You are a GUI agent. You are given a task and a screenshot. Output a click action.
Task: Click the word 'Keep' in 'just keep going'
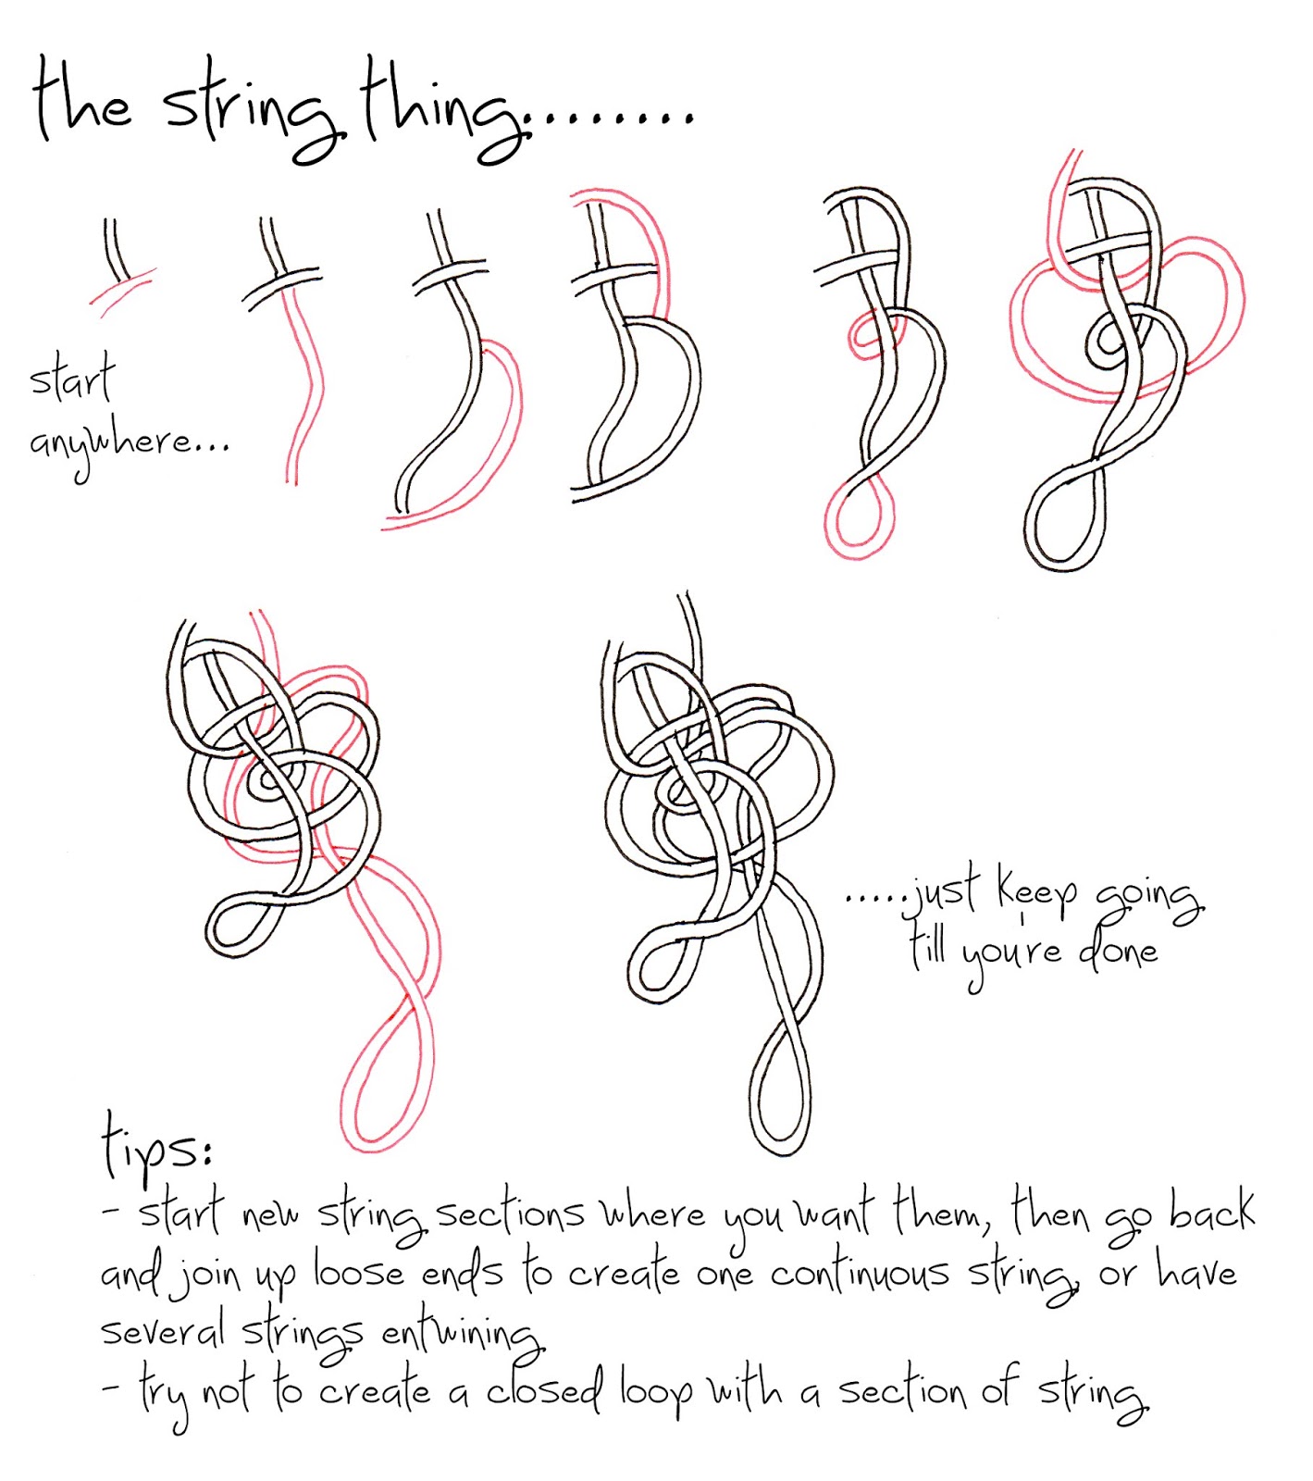pyautogui.click(x=1036, y=890)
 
